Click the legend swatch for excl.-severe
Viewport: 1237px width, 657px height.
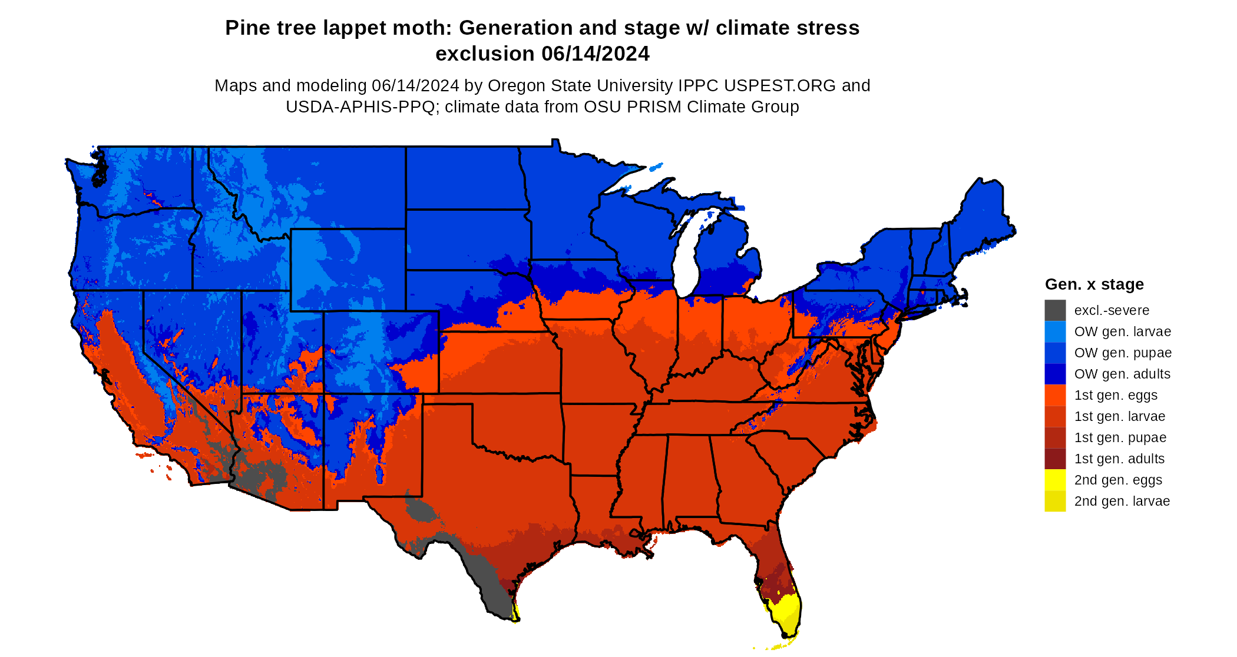1055,310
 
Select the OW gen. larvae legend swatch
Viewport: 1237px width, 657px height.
1055,331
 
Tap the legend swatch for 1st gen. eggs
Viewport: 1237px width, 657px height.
1055,395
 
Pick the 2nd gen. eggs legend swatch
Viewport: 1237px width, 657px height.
1055,480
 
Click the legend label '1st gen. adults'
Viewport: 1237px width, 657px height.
1119,459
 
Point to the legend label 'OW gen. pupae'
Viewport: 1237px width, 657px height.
1123,353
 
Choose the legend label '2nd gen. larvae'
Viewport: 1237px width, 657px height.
1122,501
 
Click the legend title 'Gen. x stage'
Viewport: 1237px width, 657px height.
1094,284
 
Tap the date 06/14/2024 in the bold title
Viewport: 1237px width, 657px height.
595,54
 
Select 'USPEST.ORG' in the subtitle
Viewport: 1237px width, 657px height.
780,86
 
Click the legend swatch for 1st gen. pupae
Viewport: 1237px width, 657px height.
1055,437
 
